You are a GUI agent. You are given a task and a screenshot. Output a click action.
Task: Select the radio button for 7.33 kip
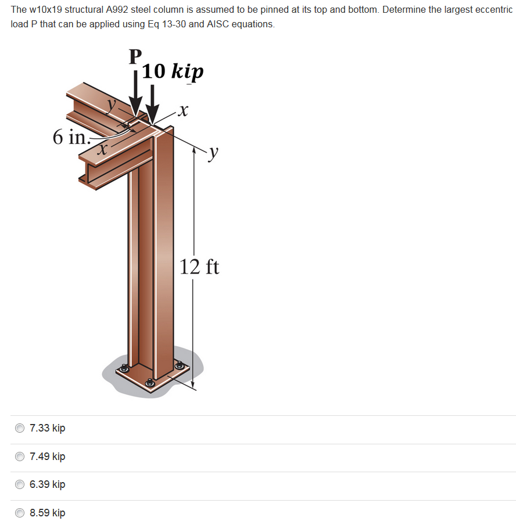[20, 428]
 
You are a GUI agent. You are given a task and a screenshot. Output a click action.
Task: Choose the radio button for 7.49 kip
[20, 457]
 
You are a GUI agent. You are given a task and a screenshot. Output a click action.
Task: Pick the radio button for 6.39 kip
[20, 484]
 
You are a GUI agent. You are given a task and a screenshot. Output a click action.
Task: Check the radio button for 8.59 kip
[20, 513]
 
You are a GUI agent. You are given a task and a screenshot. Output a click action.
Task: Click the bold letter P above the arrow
[135, 56]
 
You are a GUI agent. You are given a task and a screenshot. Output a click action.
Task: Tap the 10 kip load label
[173, 71]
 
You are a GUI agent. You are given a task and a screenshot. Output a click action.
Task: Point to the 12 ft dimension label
[199, 267]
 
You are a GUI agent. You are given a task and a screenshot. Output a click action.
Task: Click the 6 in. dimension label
[70, 138]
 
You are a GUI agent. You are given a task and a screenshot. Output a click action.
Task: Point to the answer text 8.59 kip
[47, 513]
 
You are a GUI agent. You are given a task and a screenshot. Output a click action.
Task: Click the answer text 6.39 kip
[47, 484]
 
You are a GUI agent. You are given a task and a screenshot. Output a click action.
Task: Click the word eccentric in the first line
[493, 11]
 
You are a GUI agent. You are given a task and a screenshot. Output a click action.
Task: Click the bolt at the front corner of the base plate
[150, 382]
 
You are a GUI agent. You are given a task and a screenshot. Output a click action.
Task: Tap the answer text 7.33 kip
[47, 428]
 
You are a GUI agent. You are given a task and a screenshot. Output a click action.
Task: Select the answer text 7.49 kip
[47, 457]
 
